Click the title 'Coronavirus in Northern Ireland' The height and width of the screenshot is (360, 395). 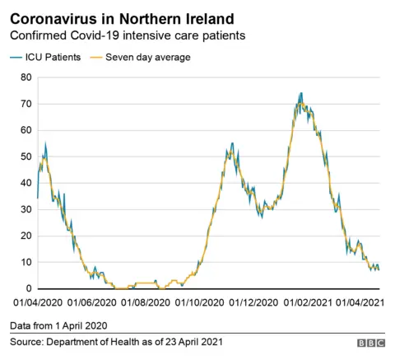pyautogui.click(x=121, y=17)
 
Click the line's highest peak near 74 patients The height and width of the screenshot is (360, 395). pyautogui.click(x=301, y=93)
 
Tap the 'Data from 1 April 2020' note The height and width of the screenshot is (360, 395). pyautogui.click(x=58, y=326)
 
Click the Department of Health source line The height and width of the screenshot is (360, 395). pyautogui.click(x=116, y=341)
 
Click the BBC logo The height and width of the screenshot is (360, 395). pyautogui.click(x=371, y=342)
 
